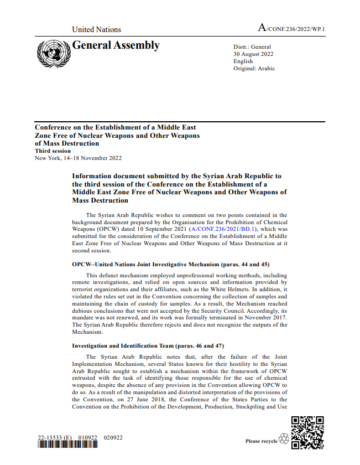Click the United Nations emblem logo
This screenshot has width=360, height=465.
pyautogui.click(x=53, y=53)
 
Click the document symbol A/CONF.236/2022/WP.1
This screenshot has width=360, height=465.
pyautogui.click(x=291, y=28)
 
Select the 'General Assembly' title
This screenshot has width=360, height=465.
pyautogui.click(x=116, y=46)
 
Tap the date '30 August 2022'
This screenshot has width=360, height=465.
pyautogui.click(x=253, y=54)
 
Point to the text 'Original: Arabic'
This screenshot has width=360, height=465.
pyautogui.click(x=254, y=69)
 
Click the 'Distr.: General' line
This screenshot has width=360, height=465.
pyautogui.click(x=252, y=47)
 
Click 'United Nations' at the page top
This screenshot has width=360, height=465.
pyautogui.click(x=96, y=29)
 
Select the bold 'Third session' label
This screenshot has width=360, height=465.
pyautogui.click(x=53, y=151)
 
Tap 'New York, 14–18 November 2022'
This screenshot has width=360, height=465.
pyautogui.click(x=78, y=158)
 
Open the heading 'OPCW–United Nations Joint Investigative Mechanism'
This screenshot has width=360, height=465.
pyautogui.click(x=171, y=265)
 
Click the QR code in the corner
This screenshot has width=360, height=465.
pyautogui.click(x=307, y=432)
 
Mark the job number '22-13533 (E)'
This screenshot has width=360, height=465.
pyautogui.click(x=54, y=438)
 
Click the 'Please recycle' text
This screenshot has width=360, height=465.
pyautogui.click(x=261, y=441)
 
